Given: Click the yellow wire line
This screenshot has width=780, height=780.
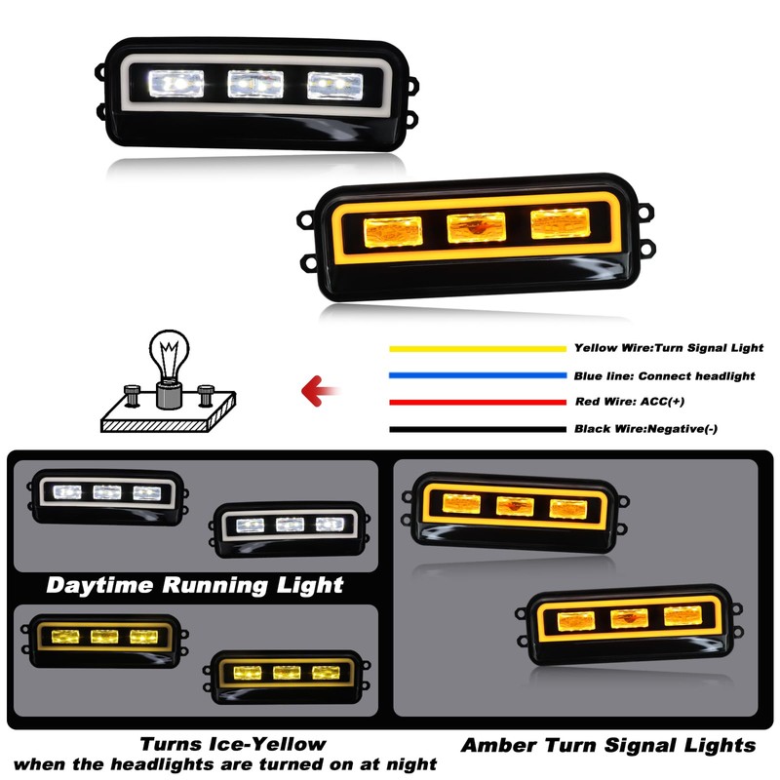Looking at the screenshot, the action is (477, 348).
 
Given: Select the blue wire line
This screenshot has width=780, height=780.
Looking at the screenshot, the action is (477, 375).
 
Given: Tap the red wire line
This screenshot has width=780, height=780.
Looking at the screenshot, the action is (477, 402).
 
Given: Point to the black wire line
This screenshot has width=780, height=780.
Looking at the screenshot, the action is (477, 429).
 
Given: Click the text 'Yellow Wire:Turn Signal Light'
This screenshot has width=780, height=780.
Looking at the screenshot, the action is (669, 348).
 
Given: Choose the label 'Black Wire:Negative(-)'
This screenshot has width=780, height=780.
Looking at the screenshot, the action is (646, 429).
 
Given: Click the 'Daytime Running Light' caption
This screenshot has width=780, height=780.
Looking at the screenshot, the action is (195, 585).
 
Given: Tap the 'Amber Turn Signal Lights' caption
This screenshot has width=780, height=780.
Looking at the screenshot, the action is (608, 746).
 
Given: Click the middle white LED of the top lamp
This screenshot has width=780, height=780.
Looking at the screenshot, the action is (255, 84).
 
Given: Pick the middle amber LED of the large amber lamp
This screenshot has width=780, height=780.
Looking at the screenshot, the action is (475, 229).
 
